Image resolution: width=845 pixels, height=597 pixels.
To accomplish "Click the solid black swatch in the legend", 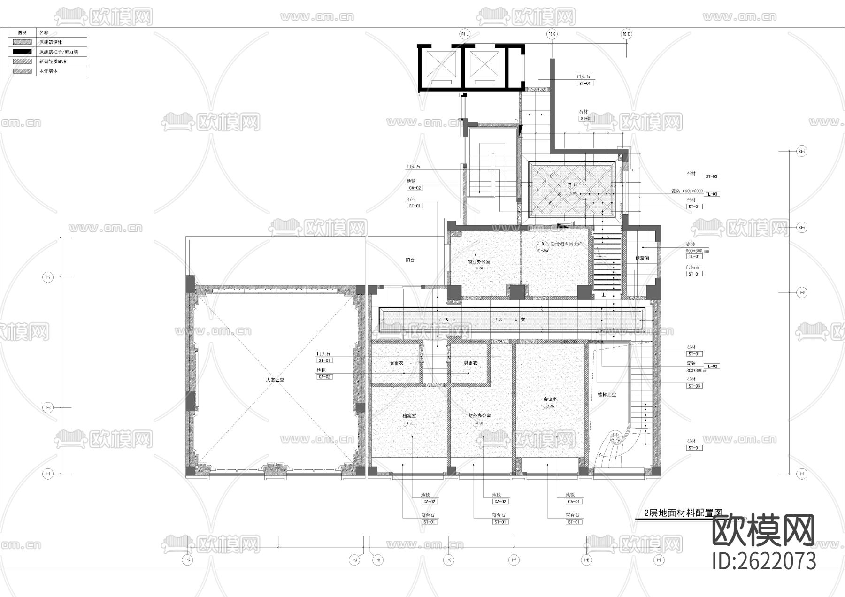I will tap(22, 52).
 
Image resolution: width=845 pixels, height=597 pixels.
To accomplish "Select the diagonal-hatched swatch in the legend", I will tap(22, 61).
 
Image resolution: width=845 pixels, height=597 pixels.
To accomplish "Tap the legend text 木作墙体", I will tap(48, 71).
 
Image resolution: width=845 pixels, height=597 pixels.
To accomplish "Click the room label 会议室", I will tap(550, 399).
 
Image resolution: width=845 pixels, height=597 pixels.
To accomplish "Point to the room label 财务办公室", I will tap(479, 416).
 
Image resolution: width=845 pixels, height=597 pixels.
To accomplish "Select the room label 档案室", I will tap(409, 416).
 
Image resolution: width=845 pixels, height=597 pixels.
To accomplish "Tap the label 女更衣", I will tap(397, 363).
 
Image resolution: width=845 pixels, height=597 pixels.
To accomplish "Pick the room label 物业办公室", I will tap(478, 261).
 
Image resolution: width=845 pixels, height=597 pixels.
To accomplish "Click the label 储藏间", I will tap(642, 258).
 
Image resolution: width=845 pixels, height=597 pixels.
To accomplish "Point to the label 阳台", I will tap(410, 260).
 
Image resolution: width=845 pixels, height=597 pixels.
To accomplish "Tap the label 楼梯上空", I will tap(607, 395).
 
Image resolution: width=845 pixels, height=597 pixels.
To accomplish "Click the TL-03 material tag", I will tap(712, 194).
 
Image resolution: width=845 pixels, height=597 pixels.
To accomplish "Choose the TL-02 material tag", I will tap(712, 366).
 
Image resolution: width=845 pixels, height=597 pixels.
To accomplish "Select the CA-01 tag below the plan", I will tap(574, 501).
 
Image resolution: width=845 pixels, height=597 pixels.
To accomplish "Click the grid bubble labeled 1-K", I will tap(188, 560).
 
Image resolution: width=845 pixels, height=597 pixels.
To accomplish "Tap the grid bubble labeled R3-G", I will tap(552, 34).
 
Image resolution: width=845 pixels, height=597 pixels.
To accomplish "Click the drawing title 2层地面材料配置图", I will tap(683, 513).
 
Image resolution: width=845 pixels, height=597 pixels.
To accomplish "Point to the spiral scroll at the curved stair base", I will tap(615, 439).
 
